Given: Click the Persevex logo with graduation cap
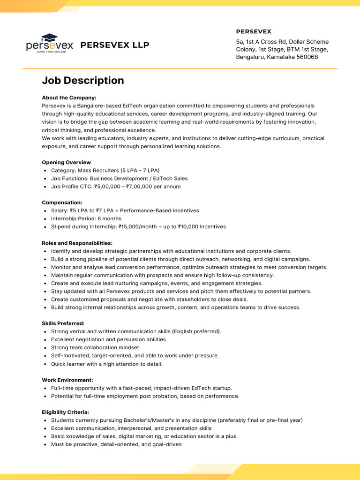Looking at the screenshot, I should [x=50, y=44].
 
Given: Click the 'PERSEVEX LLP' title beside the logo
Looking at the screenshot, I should [x=115, y=45].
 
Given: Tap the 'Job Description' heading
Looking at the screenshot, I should [x=83, y=80].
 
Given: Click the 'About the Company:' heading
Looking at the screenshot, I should [x=69, y=98].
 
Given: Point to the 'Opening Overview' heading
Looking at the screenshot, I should [x=66, y=162].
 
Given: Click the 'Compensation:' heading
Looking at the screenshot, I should [x=62, y=202].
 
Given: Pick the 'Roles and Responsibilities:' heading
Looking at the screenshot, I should [x=77, y=243].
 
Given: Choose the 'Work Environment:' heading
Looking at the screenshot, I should [x=67, y=380].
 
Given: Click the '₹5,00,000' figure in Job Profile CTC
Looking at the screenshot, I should [x=107, y=187].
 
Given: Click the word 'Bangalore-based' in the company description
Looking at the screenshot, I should [x=99, y=106].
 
